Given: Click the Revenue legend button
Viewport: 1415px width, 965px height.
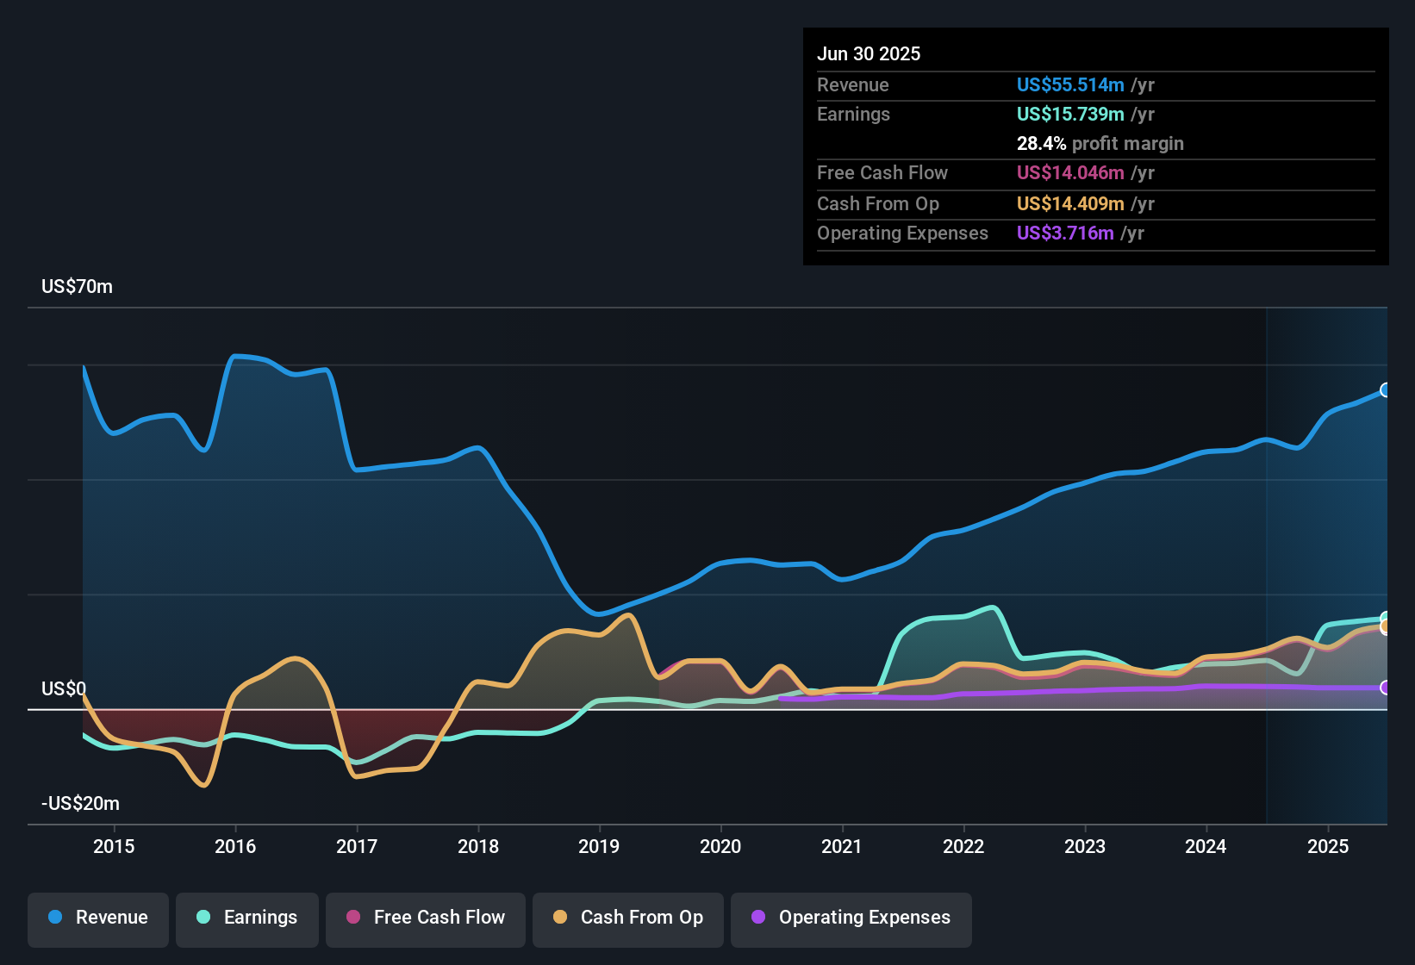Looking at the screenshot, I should [98, 918].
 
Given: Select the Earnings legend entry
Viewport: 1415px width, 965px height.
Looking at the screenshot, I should [247, 918].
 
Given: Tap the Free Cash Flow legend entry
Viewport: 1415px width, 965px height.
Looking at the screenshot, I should [426, 918].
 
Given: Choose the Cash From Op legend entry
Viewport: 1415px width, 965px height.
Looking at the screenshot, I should [628, 918].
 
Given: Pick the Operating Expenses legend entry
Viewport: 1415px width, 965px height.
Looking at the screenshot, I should [851, 918].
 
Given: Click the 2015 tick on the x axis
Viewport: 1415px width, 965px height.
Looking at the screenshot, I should [114, 846].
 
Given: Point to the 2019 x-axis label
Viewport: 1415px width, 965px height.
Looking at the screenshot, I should [599, 846].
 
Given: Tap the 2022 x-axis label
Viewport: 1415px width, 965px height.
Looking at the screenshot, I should [963, 846].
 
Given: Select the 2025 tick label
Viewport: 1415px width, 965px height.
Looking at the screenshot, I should [1328, 846].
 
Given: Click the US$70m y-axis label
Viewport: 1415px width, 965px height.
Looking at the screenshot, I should [77, 287].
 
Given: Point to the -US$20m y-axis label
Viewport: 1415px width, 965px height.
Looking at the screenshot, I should [80, 804].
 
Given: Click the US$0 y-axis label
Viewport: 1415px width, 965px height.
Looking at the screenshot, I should [64, 689].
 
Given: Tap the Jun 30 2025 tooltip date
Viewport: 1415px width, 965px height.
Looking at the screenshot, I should [869, 54].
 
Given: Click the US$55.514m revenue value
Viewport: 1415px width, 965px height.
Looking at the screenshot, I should [1070, 85].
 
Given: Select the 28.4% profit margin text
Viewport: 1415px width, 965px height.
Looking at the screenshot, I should [1100, 144].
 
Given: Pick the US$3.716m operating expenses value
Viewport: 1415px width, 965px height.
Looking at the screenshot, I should [1065, 233].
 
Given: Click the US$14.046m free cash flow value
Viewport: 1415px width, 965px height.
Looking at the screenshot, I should [1070, 173].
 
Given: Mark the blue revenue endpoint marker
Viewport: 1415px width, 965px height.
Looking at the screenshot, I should [1386, 390].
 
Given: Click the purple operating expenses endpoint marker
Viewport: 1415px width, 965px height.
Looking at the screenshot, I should [1386, 688].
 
